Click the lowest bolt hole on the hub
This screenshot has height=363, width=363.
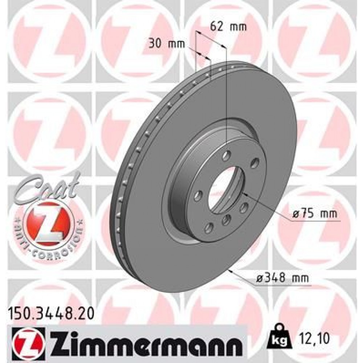209,228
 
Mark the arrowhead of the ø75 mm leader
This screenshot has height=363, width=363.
244,193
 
